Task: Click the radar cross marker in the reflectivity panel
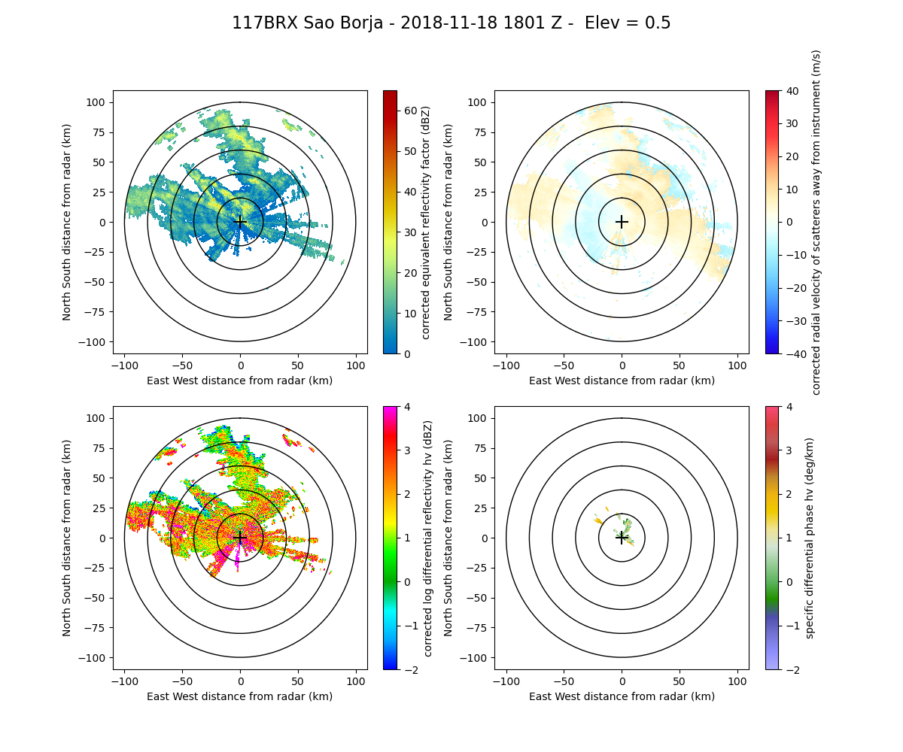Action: coord(240,222)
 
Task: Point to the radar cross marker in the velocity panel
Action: coord(622,222)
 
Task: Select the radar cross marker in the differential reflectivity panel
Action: coord(240,538)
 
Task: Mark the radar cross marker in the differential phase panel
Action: coord(622,538)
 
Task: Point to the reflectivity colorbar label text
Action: coord(426,222)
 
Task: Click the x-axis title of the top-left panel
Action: coord(240,381)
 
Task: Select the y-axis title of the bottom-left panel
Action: coord(67,538)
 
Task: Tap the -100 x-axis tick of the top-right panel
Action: coord(506,365)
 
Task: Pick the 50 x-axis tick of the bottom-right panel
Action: coord(680,681)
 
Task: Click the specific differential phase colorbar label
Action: coord(810,538)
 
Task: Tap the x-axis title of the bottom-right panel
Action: coord(622,696)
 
